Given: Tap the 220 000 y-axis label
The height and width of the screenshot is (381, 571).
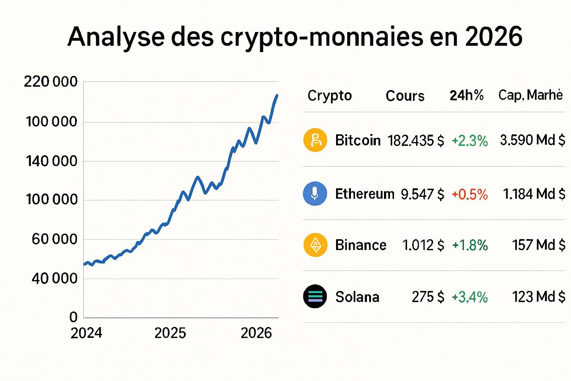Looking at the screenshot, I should coord(51,82).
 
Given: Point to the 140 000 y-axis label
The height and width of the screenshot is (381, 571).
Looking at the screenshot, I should coord(51,161).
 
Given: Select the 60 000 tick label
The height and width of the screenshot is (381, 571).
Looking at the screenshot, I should coord(54,239).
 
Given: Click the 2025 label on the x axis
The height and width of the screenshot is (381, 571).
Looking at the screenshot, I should coord(170,333).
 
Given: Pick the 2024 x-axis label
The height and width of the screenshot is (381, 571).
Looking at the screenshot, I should coord(86,333).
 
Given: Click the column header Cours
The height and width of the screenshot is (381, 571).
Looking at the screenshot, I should coord(405,96).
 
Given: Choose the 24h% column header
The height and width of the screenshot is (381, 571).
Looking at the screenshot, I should coord(467,96).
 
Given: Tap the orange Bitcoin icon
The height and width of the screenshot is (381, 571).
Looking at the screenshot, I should coord(315,140).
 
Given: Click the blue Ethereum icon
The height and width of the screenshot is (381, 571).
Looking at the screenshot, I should coord(315,193).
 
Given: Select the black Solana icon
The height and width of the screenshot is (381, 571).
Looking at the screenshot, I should coord(315,297).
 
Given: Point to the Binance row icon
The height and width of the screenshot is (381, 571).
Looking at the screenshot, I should coord(315,245).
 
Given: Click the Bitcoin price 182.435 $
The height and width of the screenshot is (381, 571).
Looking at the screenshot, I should coord(416,141).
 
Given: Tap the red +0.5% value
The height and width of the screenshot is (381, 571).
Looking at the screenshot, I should coord(470,194).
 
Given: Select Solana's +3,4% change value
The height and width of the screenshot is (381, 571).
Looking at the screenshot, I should coord(470,297).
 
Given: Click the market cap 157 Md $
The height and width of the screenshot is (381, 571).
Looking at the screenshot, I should coord(539,245).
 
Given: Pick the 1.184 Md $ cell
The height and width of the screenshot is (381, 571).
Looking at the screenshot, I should coord(534,194).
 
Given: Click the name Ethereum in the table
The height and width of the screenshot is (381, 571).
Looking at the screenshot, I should coord(364,194).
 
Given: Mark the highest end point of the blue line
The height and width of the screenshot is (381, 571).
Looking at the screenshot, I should coord(277,95).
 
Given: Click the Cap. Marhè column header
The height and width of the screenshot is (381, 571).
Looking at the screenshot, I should coord(530,95).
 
